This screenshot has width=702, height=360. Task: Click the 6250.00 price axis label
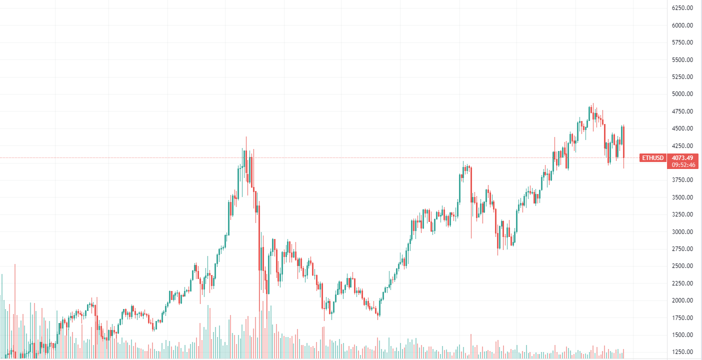click(682, 8)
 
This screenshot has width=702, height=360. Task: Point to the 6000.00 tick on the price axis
click(682, 25)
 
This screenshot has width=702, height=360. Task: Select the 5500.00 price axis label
click(682, 59)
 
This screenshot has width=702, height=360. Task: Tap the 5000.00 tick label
click(682, 94)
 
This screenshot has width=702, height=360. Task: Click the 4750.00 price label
click(682, 111)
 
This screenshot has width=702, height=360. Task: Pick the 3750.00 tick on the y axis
click(682, 180)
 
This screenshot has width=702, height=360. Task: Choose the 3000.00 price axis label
click(682, 232)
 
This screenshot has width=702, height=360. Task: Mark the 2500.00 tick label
click(682, 266)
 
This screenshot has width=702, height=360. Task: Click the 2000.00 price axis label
click(682, 300)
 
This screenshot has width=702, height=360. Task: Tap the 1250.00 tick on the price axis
click(682, 352)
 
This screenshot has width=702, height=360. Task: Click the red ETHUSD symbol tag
click(653, 158)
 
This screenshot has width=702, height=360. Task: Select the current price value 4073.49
click(682, 158)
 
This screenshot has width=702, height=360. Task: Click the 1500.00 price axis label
click(682, 335)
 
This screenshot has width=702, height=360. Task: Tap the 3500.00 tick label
click(682, 197)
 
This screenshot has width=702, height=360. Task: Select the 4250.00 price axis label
click(682, 145)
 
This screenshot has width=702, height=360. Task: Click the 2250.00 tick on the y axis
click(682, 283)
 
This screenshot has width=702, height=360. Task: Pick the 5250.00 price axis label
click(682, 77)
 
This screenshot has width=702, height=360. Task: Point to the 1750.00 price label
click(682, 317)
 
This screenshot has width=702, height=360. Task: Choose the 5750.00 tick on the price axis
click(682, 42)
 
